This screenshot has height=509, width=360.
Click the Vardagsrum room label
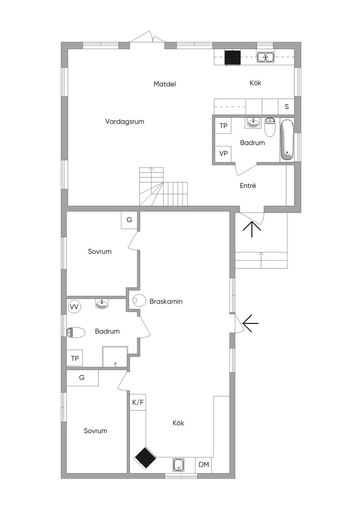tap(124, 122)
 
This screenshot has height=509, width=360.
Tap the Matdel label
tap(165, 84)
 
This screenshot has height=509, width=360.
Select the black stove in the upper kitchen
tap(233, 57)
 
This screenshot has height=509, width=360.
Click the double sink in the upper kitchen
tap(265, 57)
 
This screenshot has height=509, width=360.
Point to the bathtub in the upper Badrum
tap(287, 140)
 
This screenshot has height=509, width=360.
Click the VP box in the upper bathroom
tap(223, 154)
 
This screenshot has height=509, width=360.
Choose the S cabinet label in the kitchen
tap(287, 106)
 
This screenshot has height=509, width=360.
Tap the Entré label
tap(248, 185)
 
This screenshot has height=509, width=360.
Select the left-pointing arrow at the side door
tap(251, 324)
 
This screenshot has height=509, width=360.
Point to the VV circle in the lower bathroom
tap(75, 307)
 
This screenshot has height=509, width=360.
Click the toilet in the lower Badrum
tap(76, 332)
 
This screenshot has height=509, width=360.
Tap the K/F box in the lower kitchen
tap(138, 403)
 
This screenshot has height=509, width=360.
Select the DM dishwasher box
tap(204, 465)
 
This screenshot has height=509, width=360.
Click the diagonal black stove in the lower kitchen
tap(145, 458)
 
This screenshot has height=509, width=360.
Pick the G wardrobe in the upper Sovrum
tap(129, 220)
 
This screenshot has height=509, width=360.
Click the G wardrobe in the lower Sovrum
tap(82, 378)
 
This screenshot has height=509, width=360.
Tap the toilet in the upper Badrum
tap(270, 127)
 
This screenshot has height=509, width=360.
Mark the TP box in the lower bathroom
tap(75, 358)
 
